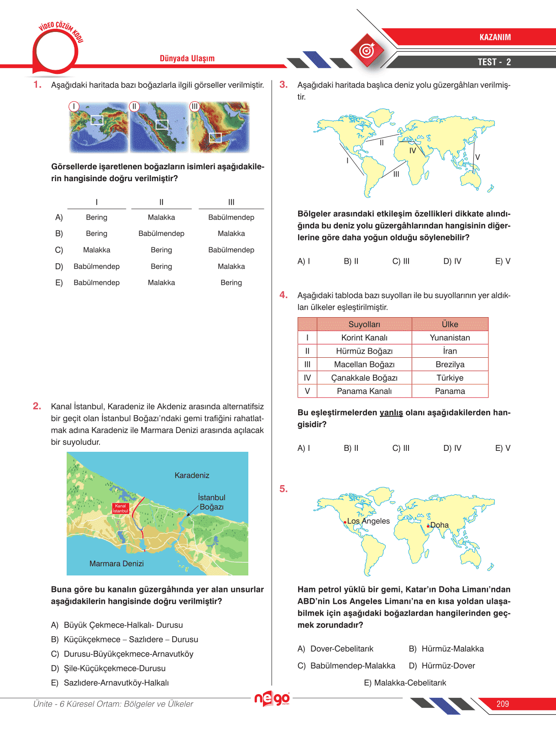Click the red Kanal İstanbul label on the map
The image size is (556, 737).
coord(121,508)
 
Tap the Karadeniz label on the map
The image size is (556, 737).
coord(192,476)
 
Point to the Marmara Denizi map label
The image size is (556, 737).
coord(116,564)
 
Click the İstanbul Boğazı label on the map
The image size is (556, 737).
coord(211,502)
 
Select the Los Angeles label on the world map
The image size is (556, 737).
coord(368,521)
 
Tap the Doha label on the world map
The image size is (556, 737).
coord(439,525)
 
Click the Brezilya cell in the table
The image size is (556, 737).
coord(450,365)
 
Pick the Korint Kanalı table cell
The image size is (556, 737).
coord(364,338)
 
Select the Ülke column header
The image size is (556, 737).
coord(450,324)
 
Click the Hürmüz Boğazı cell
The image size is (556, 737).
coord(364,351)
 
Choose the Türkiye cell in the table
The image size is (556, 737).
coord(450,378)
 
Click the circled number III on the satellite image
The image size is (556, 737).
coord(195,106)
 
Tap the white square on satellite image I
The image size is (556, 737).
coord(97,120)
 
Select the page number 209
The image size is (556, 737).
coord(503,704)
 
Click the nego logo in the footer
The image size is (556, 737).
coord(272,699)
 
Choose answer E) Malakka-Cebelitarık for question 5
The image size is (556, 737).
coord(405,683)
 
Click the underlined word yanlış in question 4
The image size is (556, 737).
coord(391,413)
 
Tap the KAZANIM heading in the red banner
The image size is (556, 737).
coord(495,37)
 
